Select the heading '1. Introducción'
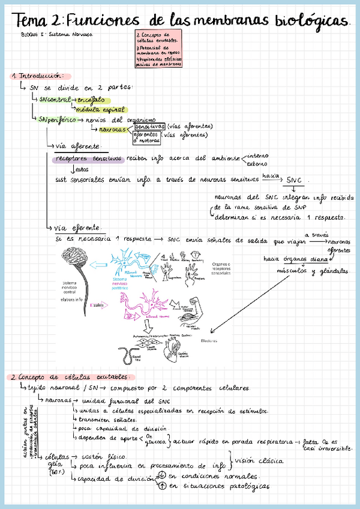[x=39, y=76]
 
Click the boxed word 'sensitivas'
[x=149, y=127]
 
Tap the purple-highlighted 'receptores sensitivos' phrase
[x=88, y=158]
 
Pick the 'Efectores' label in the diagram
[x=209, y=341]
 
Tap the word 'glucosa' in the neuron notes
[x=159, y=442]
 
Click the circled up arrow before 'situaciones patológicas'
[x=161, y=486]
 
